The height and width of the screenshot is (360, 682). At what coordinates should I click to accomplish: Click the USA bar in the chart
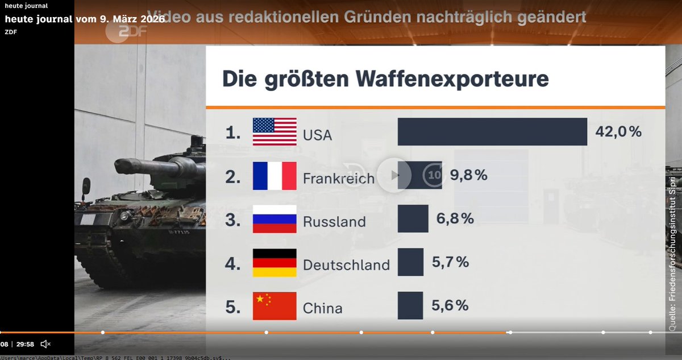[x=492, y=132]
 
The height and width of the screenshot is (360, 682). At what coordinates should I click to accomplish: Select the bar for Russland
[x=413, y=219]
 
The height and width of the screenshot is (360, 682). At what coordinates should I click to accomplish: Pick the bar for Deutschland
[x=410, y=262]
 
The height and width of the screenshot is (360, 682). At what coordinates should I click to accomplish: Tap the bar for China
[x=410, y=305]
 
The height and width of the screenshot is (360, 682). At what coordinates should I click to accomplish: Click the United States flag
[x=275, y=132]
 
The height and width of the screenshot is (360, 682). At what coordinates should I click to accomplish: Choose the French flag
[x=275, y=176]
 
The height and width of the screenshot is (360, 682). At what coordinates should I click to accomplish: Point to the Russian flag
[x=275, y=219]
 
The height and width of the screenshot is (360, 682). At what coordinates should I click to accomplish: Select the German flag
[x=275, y=262]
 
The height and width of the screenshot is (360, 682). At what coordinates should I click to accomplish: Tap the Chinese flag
[x=275, y=305]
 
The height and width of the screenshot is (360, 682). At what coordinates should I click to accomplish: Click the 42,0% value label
[x=618, y=132]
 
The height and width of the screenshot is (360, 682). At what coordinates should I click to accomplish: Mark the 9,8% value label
[x=469, y=176]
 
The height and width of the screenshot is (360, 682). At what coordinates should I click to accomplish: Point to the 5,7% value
[x=450, y=262]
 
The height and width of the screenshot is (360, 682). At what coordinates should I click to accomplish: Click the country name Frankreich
[x=339, y=179]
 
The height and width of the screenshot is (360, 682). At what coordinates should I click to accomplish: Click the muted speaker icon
[x=46, y=344]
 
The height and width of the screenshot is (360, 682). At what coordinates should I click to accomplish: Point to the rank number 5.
[x=232, y=307]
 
